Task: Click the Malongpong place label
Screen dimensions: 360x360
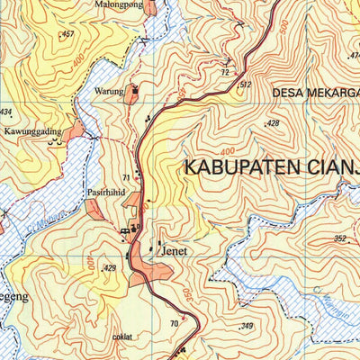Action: coord(112,4)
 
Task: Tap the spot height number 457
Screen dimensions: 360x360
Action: coord(67,34)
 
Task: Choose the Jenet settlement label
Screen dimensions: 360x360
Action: coord(173,252)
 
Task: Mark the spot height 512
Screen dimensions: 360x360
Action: coord(244,85)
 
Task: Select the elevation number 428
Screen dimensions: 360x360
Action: coord(273,123)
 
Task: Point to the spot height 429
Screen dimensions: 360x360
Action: coord(110,268)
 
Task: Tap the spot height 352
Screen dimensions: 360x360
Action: coord(339,238)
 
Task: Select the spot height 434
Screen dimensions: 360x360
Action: coord(6,112)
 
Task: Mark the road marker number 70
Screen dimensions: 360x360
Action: coord(174,324)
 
